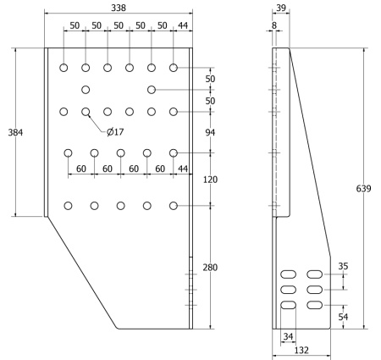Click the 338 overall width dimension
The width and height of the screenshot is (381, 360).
(x=119, y=8)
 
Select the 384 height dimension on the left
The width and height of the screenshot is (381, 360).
(x=15, y=132)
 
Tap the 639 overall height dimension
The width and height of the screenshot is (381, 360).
(x=363, y=188)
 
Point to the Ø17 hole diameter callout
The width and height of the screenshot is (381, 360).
(x=115, y=131)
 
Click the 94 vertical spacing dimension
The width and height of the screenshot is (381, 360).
(x=210, y=132)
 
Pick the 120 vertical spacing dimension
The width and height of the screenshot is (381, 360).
(x=210, y=180)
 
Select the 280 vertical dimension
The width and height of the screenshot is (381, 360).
(x=210, y=267)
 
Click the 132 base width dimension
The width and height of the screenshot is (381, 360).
(x=301, y=351)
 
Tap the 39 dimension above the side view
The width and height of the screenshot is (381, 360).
(x=281, y=8)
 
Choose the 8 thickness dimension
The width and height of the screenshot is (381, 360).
(x=274, y=25)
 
